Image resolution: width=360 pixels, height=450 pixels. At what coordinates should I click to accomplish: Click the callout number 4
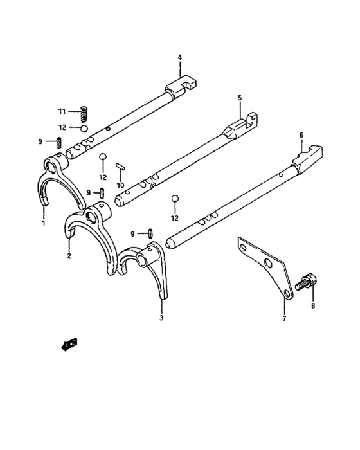[180, 57]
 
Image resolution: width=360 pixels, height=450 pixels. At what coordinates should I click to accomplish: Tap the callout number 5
[240, 98]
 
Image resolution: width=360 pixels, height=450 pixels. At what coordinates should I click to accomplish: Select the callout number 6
[301, 135]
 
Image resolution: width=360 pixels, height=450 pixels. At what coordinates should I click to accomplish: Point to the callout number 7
[284, 318]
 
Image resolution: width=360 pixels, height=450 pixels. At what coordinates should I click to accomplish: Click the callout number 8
[313, 305]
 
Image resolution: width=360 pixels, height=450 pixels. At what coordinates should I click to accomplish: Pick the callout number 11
[62, 111]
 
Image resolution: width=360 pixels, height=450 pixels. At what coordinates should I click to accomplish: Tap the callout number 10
[121, 185]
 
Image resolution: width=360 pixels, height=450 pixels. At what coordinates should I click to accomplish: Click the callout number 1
[44, 222]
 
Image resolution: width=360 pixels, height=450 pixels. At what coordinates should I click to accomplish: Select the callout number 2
[69, 255]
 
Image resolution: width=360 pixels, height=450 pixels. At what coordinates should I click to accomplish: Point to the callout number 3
[161, 318]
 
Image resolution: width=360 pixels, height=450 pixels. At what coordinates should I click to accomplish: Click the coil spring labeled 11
[84, 114]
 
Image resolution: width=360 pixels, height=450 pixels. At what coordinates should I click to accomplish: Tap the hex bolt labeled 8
[306, 282]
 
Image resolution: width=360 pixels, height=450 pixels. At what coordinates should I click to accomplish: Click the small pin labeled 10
[120, 166]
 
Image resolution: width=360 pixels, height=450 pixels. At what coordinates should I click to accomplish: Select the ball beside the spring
[84, 129]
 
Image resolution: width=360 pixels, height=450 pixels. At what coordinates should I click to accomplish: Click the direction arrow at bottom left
[69, 344]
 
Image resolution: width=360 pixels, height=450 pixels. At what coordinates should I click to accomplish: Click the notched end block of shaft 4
[181, 85]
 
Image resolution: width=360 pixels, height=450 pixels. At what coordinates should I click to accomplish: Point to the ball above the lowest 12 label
[175, 199]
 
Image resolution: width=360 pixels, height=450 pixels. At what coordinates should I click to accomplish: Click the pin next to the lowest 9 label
[150, 233]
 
